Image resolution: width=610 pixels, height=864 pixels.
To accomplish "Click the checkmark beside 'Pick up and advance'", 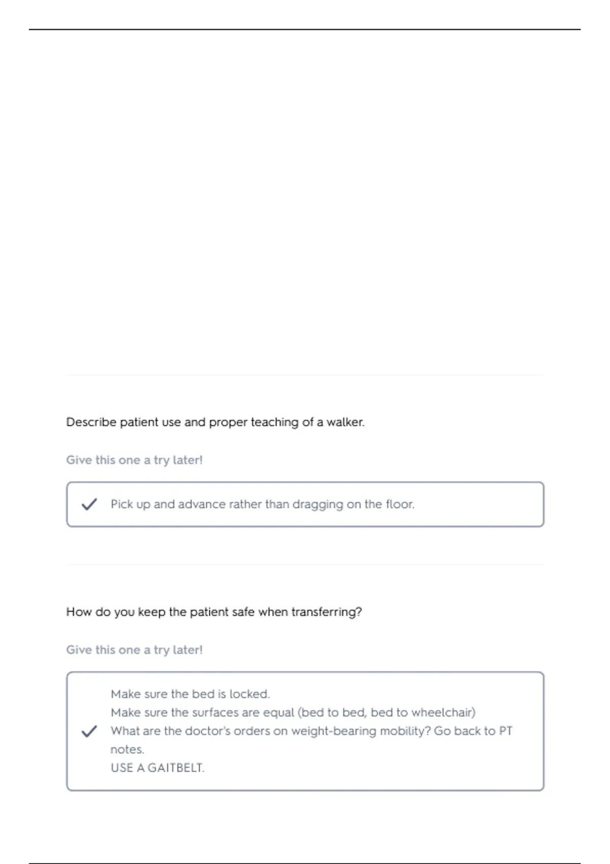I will pos(89,504).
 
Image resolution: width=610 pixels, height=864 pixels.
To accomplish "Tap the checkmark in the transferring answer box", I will pos(89,731).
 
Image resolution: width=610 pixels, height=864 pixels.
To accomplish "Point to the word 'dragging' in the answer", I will pos(318,504).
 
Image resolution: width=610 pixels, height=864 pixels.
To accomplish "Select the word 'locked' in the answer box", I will pos(249,694).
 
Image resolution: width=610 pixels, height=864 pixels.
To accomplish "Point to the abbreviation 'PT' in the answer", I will pos(505,731).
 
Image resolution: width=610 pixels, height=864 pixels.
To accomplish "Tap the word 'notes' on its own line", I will pos(127,750).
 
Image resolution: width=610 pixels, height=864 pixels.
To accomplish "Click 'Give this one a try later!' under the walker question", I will pos(134,460).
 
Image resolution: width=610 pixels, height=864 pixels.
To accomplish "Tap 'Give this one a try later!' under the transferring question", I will pos(134,650).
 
